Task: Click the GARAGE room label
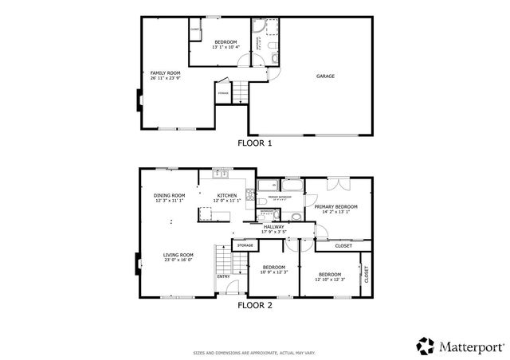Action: pyautogui.click(x=325, y=76)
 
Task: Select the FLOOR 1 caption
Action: pyautogui.click(x=255, y=143)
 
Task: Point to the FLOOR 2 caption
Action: pyautogui.click(x=255, y=303)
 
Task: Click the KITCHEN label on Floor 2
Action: pyautogui.click(x=226, y=196)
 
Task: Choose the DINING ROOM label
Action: pyautogui.click(x=169, y=196)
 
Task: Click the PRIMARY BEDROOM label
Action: pyautogui.click(x=335, y=207)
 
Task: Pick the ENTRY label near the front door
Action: pyautogui.click(x=223, y=276)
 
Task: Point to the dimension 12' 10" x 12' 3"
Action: pyautogui.click(x=329, y=279)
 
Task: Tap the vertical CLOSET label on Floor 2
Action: pyautogui.click(x=367, y=275)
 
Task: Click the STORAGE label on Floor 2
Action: pyautogui.click(x=245, y=245)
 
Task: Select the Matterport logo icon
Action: pyautogui.click(x=426, y=346)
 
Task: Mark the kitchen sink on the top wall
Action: pyautogui.click(x=223, y=174)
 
